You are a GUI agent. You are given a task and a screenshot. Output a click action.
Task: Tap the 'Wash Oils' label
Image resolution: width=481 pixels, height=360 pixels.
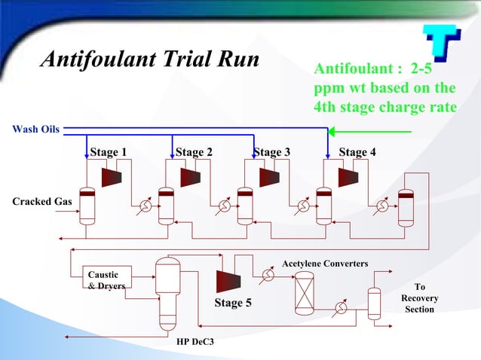pos(35,129)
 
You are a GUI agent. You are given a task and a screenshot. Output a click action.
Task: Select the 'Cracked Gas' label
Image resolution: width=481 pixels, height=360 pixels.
pos(42,202)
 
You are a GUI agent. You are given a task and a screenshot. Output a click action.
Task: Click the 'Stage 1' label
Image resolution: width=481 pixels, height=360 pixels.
pos(108,152)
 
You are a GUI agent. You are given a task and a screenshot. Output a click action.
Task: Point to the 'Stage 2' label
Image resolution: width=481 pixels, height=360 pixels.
pos(194,152)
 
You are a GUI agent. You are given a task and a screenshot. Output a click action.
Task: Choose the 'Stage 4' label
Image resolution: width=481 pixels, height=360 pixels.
pos(357,152)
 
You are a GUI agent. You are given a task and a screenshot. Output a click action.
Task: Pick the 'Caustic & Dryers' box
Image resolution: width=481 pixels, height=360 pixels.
pos(103,280)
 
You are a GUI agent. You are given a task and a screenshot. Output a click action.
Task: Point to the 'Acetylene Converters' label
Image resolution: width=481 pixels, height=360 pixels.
pos(325,264)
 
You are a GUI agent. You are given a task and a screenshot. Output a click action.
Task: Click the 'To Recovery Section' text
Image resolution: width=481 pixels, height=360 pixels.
pos(420,298)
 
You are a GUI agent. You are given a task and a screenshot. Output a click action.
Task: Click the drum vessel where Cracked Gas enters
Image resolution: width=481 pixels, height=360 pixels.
pos(87,205)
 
